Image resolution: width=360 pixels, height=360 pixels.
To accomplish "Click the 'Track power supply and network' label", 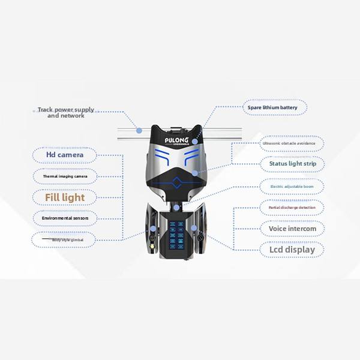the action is [x=65, y=112].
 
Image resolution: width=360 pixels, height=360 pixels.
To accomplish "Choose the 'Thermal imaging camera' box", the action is [x=65, y=176].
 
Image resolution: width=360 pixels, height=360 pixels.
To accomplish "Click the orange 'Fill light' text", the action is [x=65, y=197].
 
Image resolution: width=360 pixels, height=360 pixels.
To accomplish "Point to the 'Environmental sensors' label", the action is [x=65, y=218].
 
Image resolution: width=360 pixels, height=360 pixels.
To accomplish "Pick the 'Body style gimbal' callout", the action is [x=65, y=239].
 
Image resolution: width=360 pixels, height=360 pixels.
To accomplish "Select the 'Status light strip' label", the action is [x=293, y=163].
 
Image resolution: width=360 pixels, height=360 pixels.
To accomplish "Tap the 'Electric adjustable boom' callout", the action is [x=292, y=187].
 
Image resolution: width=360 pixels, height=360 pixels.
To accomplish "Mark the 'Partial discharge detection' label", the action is [x=292, y=208].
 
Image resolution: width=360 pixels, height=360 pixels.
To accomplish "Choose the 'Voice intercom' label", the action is [x=292, y=229].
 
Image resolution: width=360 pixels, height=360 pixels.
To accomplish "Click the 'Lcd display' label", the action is [x=292, y=249].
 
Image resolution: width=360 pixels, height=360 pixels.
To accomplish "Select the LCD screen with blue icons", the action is [x=177, y=232].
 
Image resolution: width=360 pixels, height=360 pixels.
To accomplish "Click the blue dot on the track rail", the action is [x=139, y=130].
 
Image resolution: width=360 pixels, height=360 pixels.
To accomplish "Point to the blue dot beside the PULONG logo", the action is [x=195, y=142].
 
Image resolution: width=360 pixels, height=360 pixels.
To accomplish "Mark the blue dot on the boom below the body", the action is [x=176, y=208].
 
